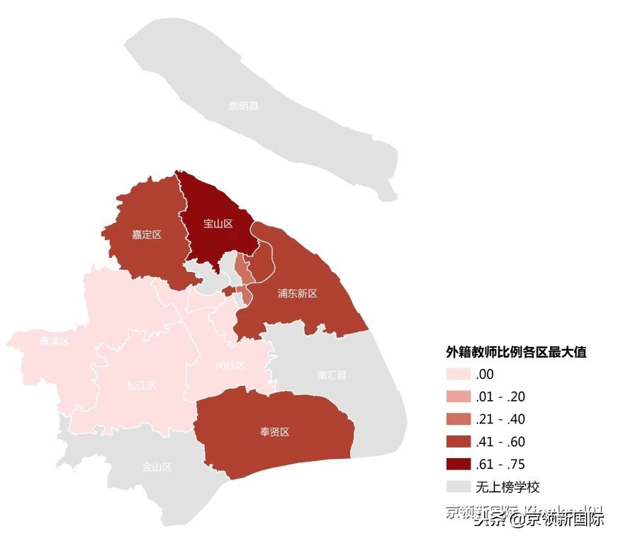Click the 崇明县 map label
243,106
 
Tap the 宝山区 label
218,224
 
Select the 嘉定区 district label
147,234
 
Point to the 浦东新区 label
298,293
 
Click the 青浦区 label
54,341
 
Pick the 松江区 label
142,385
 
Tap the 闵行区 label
230,365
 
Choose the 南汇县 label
332,375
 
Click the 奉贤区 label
275,432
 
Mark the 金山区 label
157,467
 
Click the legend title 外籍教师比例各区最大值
516,352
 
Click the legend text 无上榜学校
507,487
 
